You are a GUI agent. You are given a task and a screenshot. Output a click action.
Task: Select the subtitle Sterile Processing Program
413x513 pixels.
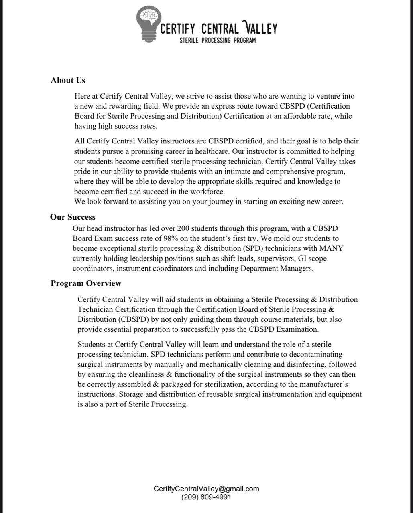[218, 40]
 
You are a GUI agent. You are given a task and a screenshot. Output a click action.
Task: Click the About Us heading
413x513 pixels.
[68, 80]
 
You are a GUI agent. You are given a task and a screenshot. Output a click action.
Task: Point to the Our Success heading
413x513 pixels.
[73, 217]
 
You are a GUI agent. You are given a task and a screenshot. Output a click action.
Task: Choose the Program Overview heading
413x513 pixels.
[86, 283]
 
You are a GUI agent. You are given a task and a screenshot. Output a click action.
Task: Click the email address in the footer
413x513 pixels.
[206, 489]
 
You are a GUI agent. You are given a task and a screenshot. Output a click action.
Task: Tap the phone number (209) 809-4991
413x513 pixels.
[206, 497]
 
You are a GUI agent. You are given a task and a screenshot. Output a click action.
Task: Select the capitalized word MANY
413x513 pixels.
[331, 248]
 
